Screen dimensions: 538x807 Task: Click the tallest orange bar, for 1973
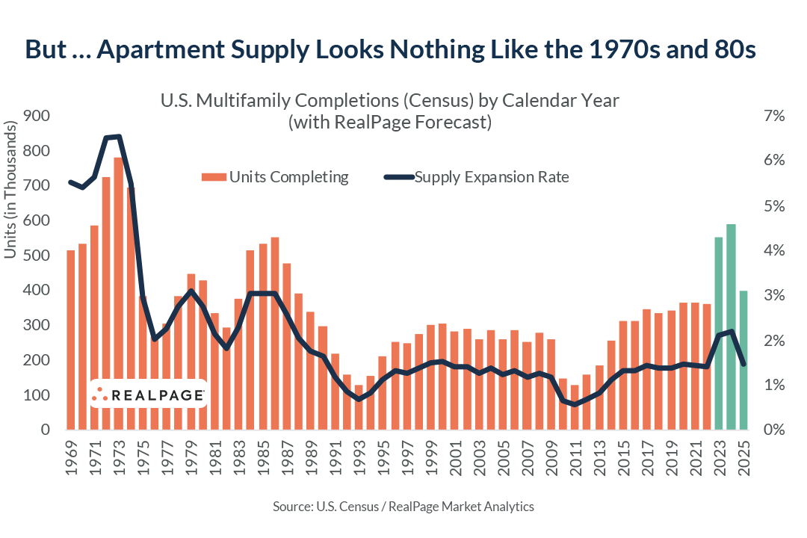pyautogui.click(x=118, y=299)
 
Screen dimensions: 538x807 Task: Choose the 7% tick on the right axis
pyautogui.click(x=773, y=117)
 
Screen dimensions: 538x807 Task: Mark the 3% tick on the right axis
pyautogui.click(x=773, y=296)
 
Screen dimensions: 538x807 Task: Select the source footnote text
pyautogui.click(x=403, y=507)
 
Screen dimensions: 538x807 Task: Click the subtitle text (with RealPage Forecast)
pyautogui.click(x=389, y=123)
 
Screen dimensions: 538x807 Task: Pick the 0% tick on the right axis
pyautogui.click(x=773, y=430)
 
